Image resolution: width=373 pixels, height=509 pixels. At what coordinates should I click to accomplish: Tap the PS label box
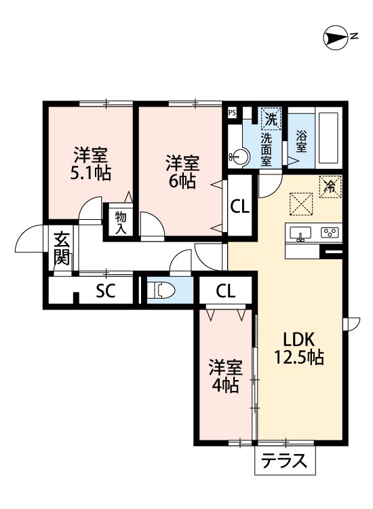(231, 113)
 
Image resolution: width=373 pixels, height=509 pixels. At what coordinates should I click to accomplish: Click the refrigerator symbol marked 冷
(330, 187)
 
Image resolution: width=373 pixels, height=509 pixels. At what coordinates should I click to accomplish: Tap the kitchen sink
(300, 233)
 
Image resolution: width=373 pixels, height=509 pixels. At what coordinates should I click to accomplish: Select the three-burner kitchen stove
(330, 232)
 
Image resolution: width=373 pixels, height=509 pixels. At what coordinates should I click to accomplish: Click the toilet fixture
(161, 289)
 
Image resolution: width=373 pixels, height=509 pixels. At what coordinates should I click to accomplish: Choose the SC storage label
(106, 290)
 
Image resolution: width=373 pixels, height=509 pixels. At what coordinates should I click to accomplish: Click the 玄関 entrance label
(62, 248)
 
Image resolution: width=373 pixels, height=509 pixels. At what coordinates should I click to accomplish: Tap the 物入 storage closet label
(121, 223)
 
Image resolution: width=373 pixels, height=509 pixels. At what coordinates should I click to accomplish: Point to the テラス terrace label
(284, 460)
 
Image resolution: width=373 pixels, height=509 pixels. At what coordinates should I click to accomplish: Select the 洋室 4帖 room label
(225, 377)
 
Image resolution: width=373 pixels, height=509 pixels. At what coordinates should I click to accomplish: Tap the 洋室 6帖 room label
(182, 172)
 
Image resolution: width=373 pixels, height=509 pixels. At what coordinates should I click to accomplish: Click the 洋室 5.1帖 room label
(91, 164)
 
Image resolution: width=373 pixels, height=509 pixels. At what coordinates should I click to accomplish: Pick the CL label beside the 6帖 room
(240, 206)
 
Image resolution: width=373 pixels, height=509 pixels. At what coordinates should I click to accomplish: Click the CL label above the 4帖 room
(225, 291)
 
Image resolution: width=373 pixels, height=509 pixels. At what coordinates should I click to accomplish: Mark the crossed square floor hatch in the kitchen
(301, 204)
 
